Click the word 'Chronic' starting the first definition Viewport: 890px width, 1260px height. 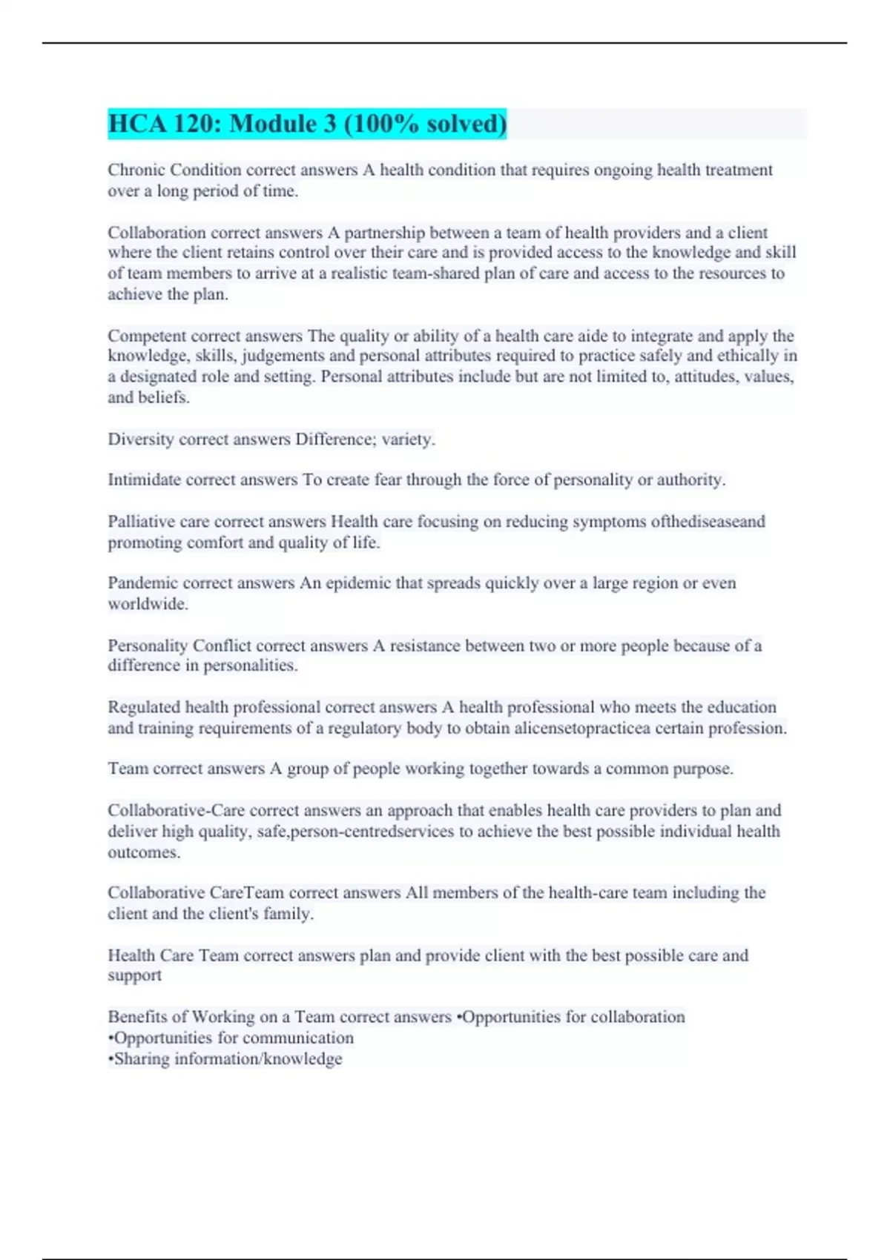136,170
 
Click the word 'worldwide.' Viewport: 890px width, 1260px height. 148,604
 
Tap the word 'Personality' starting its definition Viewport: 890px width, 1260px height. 148,646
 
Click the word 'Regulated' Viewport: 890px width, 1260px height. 144,707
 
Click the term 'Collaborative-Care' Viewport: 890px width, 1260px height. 176,810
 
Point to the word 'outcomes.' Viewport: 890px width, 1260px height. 144,852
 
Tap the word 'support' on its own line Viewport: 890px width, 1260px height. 134,976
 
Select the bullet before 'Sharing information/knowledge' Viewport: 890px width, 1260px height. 111,1059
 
